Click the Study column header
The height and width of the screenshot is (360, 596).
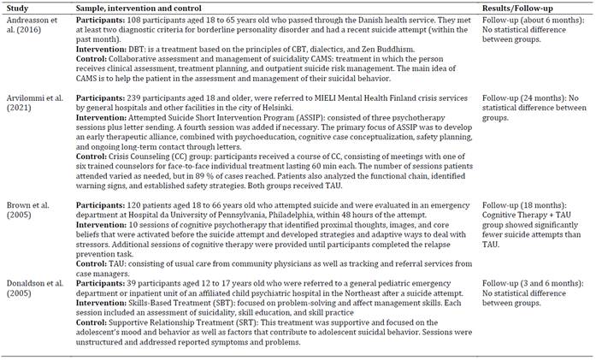coord(18,7)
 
